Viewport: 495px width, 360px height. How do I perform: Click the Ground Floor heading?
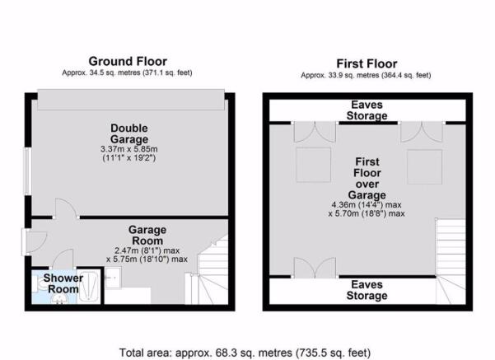128,61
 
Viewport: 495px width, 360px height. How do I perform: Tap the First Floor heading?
367,63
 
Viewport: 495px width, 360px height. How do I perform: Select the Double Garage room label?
129,133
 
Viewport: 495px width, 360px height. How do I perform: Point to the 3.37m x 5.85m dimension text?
129,149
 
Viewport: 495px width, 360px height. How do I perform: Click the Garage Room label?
147,236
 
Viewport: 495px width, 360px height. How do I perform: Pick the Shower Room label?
63,283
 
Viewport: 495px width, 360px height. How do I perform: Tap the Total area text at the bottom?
245,353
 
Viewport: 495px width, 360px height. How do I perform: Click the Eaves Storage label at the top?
367,110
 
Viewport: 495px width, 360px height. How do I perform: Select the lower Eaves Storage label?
367,290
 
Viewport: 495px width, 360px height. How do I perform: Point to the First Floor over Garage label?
367,179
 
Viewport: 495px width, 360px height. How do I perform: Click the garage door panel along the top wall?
131,100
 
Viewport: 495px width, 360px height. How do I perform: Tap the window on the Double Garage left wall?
27,171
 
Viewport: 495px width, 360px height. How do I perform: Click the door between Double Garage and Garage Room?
66,208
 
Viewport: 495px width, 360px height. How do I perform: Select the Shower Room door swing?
63,259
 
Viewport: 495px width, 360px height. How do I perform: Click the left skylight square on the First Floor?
313,165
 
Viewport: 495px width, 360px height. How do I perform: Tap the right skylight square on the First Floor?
425,167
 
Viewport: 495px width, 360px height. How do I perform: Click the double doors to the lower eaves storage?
315,268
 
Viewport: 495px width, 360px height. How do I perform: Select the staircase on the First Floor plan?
451,261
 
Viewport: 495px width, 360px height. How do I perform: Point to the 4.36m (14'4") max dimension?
367,204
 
